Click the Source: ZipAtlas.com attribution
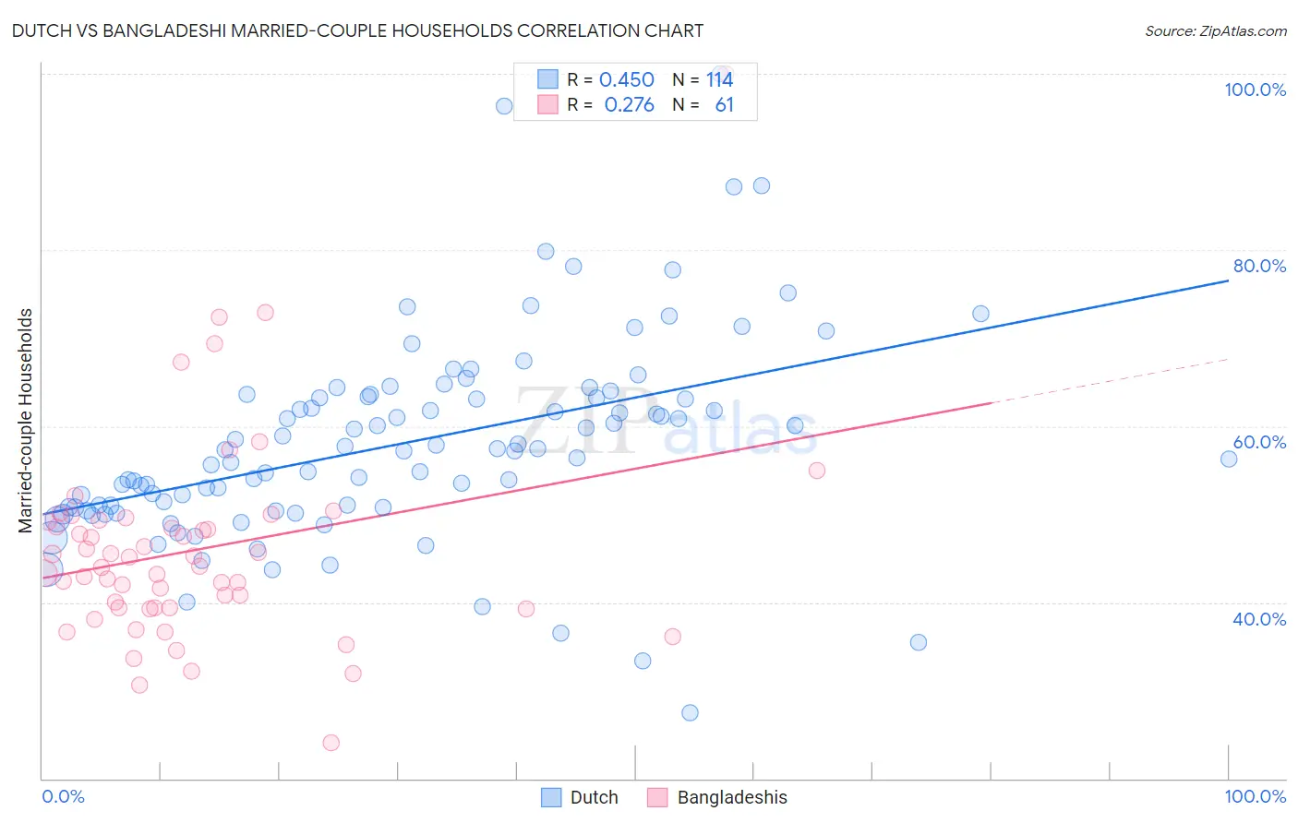[x=1215, y=30]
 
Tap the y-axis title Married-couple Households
[x=26, y=421]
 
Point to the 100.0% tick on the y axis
[x=1255, y=89]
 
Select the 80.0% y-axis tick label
[x=1259, y=266]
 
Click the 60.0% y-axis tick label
[x=1259, y=442]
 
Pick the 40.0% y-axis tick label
[x=1259, y=619]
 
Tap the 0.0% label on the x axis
[x=63, y=796]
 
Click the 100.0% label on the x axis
[x=1255, y=796]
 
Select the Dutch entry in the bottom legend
[x=579, y=797]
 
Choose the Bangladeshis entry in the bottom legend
[x=717, y=797]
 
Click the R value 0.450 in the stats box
[x=626, y=80]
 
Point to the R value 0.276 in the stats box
[x=629, y=105]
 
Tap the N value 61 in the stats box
[x=724, y=105]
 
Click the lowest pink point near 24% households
[x=331, y=743]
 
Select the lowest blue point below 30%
[x=690, y=712]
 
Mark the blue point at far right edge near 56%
[x=1229, y=459]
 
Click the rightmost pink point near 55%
[x=816, y=471]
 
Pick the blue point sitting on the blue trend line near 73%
[x=980, y=314]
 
